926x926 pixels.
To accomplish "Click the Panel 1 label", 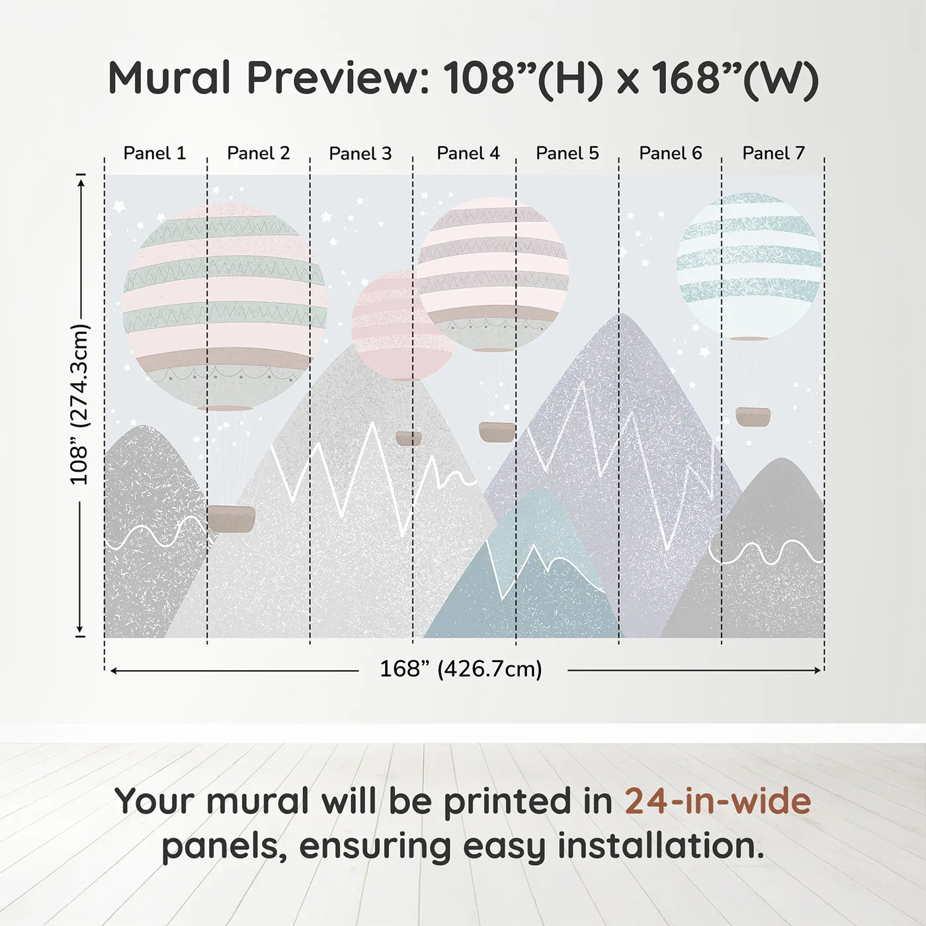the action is [x=154, y=153].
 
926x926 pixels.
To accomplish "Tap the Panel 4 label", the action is [x=468, y=153].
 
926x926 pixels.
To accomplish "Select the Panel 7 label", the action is [x=773, y=153].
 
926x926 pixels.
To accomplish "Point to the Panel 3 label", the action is [x=360, y=153].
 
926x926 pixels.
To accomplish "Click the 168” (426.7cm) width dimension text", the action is [x=461, y=669].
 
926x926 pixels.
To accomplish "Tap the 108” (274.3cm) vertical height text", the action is [x=79, y=405].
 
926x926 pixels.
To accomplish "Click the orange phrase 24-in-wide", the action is [x=718, y=802].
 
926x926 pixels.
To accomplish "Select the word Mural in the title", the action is [x=169, y=77].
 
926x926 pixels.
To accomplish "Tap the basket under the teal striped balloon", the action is [x=753, y=417].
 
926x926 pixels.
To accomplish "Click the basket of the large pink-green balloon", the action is [x=231, y=519].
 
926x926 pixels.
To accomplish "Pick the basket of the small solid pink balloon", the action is [x=409, y=439].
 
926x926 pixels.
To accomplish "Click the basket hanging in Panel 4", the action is [x=497, y=432].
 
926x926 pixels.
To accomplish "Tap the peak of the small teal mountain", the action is [x=540, y=487].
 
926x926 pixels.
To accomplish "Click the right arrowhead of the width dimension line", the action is [x=818, y=670].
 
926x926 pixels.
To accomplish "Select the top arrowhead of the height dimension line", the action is [x=81, y=183].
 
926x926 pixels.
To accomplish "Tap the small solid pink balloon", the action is [x=403, y=326].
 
